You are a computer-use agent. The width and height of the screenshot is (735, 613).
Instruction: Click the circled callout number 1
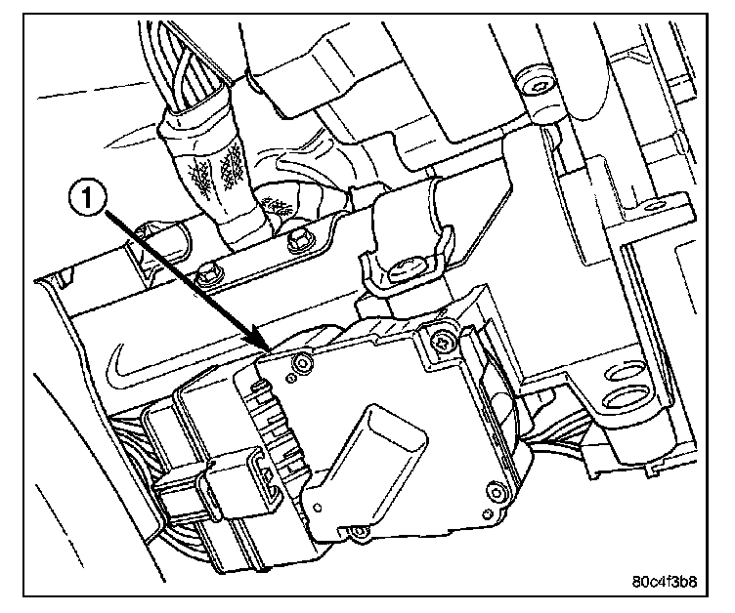87,200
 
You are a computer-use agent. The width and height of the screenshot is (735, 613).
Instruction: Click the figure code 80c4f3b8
665,581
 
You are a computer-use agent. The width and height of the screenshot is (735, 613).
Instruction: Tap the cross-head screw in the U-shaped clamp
404,271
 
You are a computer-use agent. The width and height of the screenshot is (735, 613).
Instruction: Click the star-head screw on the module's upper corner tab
443,343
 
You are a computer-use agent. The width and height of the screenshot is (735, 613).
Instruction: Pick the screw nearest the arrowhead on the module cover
302,362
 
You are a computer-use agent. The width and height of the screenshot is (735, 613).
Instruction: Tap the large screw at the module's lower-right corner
496,491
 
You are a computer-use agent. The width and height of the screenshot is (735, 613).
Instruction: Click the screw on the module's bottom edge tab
358,531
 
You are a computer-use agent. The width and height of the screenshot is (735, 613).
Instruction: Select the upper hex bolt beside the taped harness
297,240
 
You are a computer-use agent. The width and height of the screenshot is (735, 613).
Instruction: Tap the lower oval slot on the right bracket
627,398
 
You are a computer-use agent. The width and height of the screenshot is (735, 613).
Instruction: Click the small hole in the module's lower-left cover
318,508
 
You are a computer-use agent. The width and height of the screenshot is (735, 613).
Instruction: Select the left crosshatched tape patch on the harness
200,177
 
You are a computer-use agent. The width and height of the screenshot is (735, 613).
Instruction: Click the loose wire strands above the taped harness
185,65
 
